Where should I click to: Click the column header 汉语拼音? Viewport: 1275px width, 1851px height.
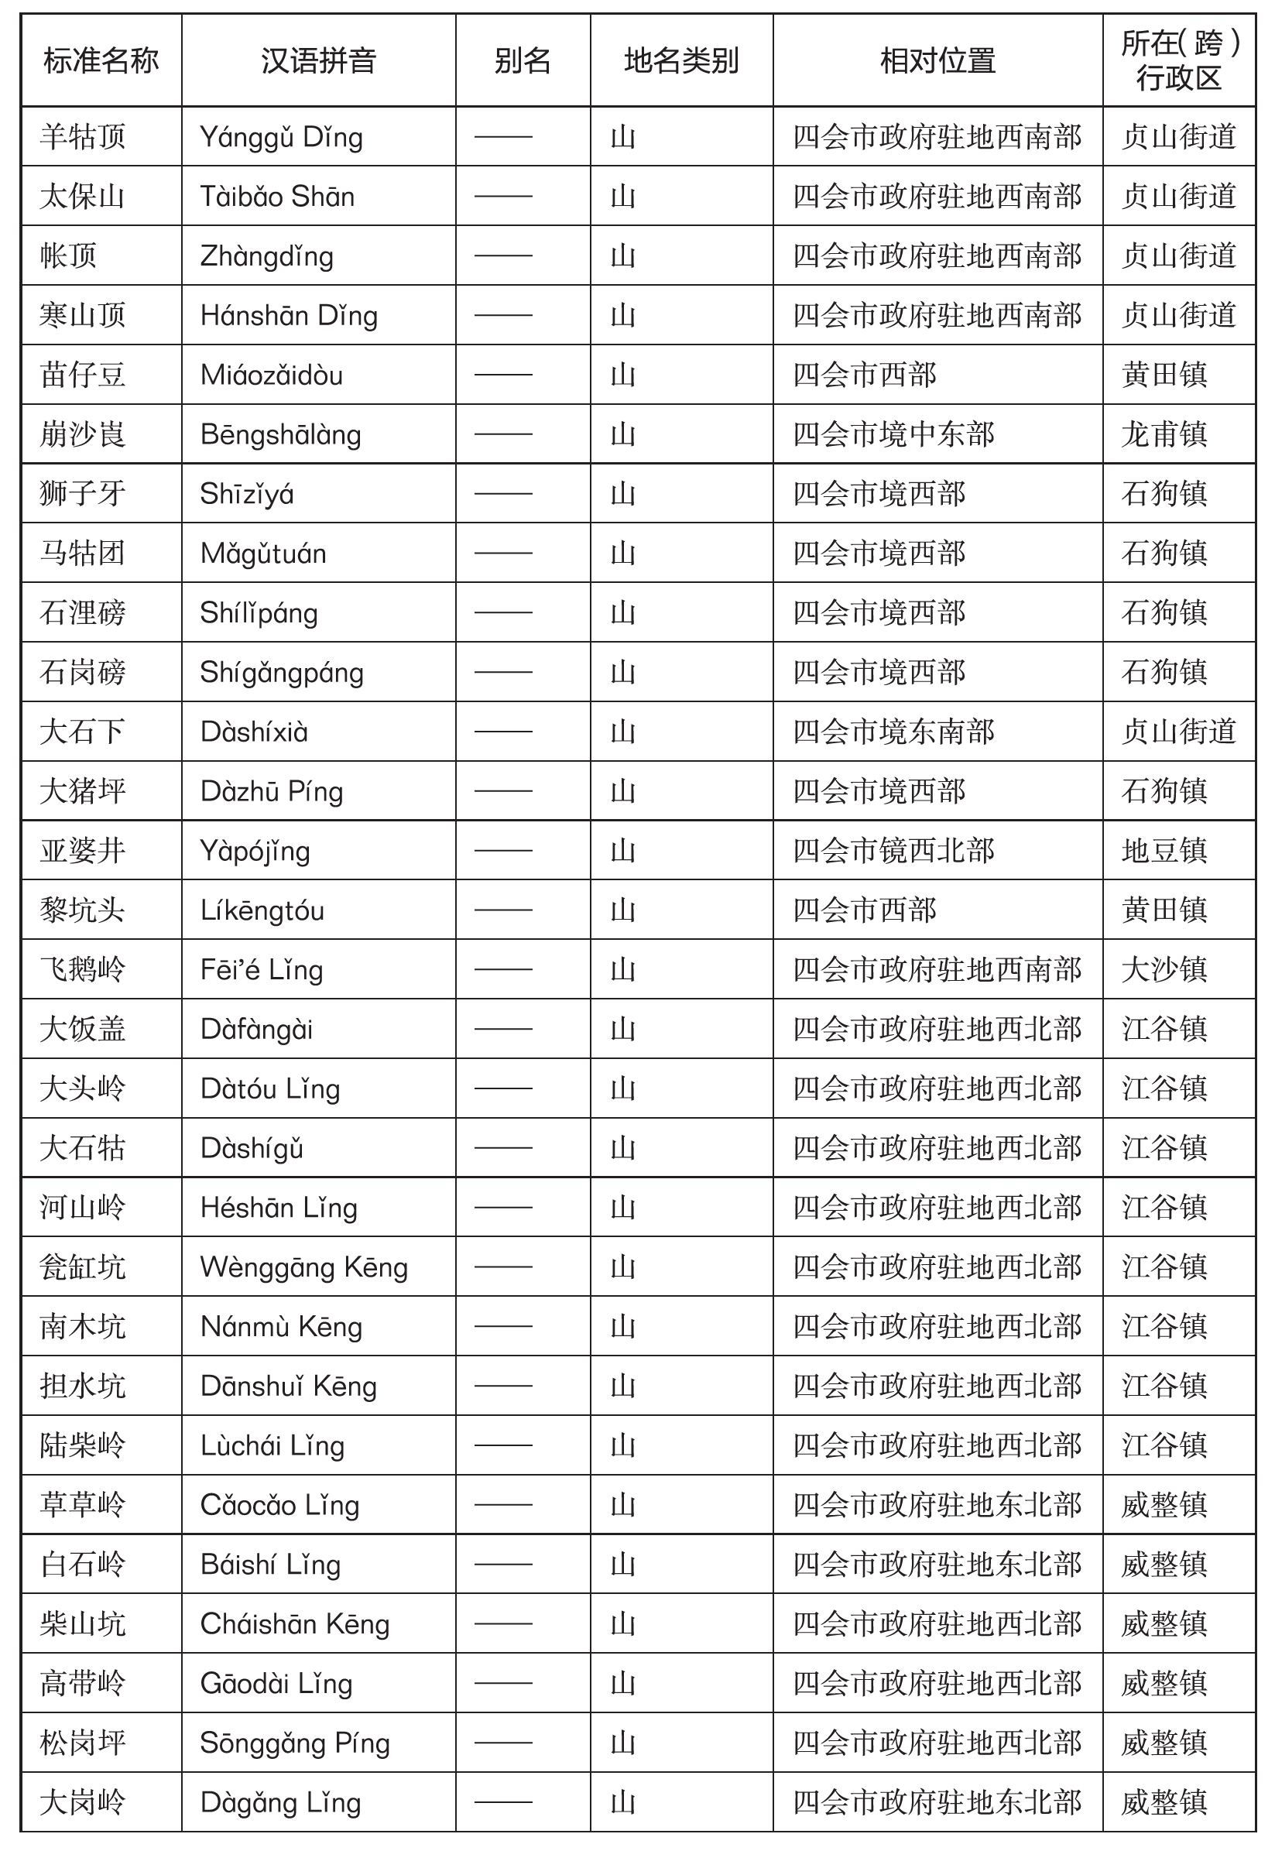click(x=318, y=60)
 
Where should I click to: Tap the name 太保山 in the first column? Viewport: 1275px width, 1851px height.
click(x=83, y=197)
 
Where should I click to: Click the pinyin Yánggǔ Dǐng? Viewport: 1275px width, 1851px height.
click(x=281, y=137)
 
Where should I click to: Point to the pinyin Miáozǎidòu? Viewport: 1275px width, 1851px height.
click(x=272, y=375)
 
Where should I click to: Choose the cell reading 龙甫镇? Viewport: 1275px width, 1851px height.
click(x=1164, y=434)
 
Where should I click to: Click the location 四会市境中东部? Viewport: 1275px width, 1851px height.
click(x=893, y=434)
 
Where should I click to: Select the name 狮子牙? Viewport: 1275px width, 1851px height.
click(x=83, y=494)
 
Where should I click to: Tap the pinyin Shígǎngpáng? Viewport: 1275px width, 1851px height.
click(x=281, y=673)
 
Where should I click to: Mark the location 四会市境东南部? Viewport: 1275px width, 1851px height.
click(x=893, y=732)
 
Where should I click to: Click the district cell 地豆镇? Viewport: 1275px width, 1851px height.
click(x=1164, y=851)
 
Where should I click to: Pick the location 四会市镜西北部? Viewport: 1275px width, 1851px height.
click(x=893, y=851)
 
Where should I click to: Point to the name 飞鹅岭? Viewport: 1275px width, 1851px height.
click(x=83, y=970)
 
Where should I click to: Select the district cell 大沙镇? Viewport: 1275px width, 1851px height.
click(x=1164, y=970)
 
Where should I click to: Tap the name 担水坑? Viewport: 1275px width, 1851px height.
click(x=83, y=1386)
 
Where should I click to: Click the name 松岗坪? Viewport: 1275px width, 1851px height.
click(x=83, y=1743)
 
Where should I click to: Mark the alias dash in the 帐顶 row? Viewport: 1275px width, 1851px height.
click(x=503, y=255)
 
